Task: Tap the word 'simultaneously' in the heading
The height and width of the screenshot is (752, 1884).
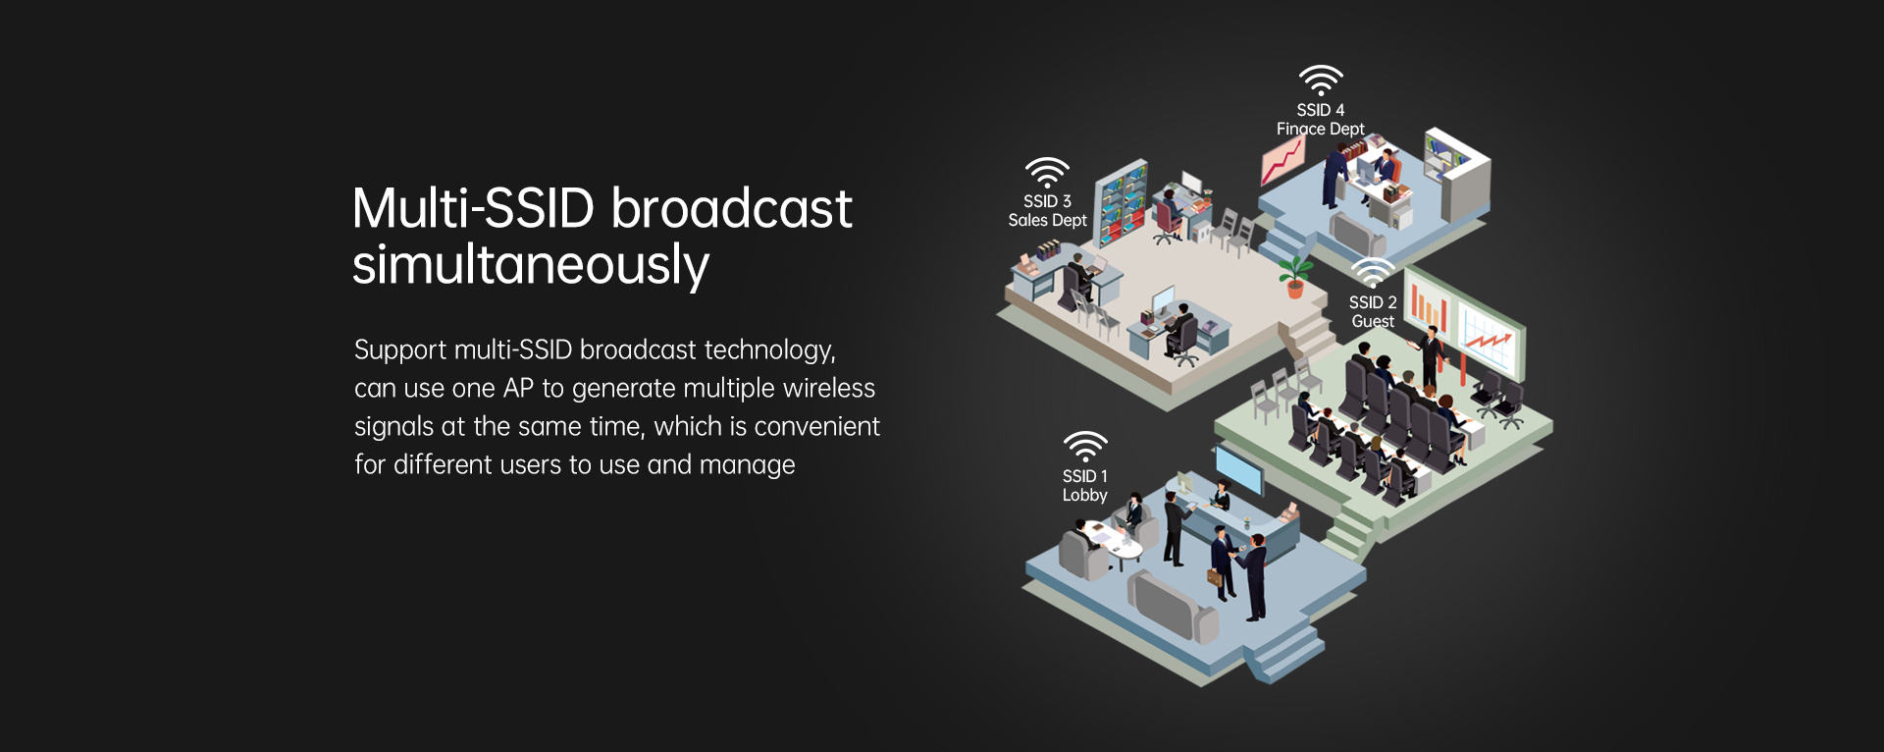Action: tap(531, 265)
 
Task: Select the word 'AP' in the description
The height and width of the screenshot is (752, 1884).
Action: tap(518, 389)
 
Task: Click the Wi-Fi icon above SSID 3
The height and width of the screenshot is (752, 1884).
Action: tap(1047, 172)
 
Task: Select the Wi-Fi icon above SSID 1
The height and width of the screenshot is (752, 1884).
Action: tap(1085, 447)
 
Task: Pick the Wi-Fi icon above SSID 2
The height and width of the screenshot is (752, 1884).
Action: tap(1373, 272)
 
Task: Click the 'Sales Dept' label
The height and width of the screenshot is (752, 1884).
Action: tap(1047, 221)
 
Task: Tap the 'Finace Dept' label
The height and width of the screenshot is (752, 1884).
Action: tap(1320, 129)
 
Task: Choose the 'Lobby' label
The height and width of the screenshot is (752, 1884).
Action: tap(1084, 496)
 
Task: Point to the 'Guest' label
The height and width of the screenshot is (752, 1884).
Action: tap(1373, 322)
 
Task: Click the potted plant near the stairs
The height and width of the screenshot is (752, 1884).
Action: tap(1295, 276)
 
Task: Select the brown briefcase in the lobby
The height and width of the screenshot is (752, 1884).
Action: tap(1215, 577)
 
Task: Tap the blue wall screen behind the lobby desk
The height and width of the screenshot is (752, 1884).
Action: tap(1238, 469)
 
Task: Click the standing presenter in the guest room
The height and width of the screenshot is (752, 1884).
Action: tap(1431, 358)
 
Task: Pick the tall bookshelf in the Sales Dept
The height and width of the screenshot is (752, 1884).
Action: tap(1122, 203)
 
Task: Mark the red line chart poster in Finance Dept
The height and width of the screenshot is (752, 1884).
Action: tap(1282, 160)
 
